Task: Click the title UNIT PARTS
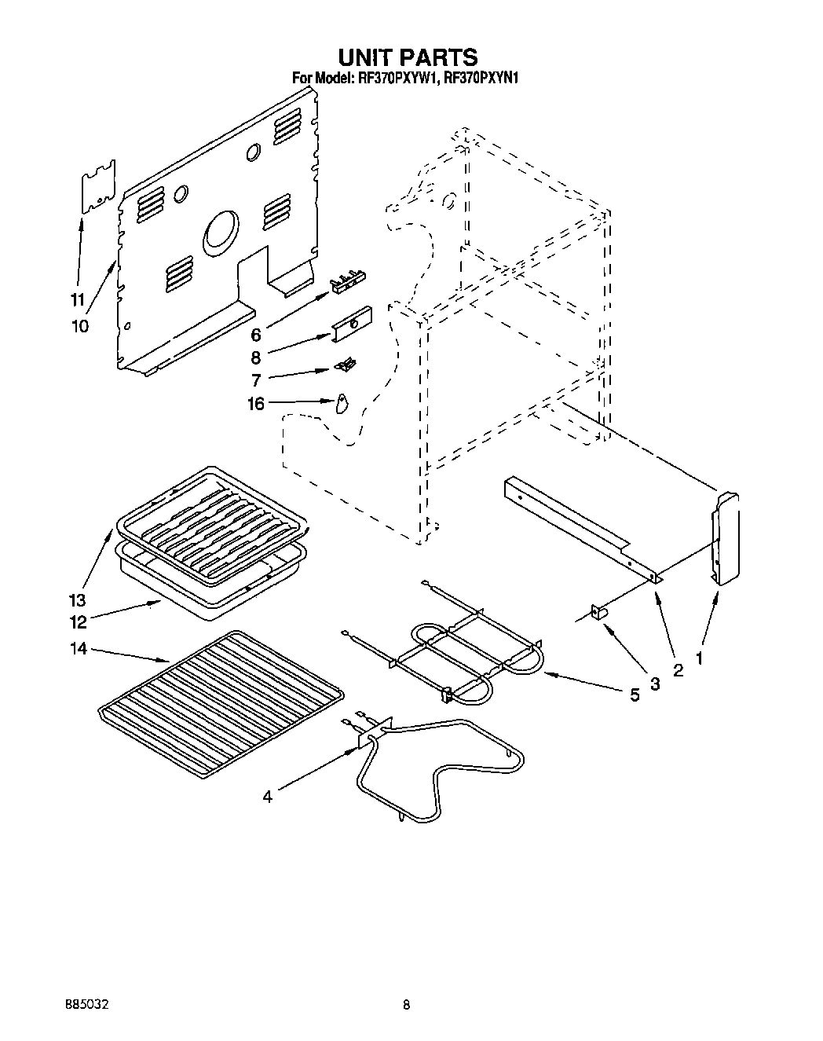pos(408,57)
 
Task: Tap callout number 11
pos(77,299)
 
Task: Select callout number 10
pos(79,325)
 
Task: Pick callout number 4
pos(268,797)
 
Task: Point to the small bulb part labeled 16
pos(341,403)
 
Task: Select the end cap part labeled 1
pos(726,538)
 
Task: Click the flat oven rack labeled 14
pos(220,703)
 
